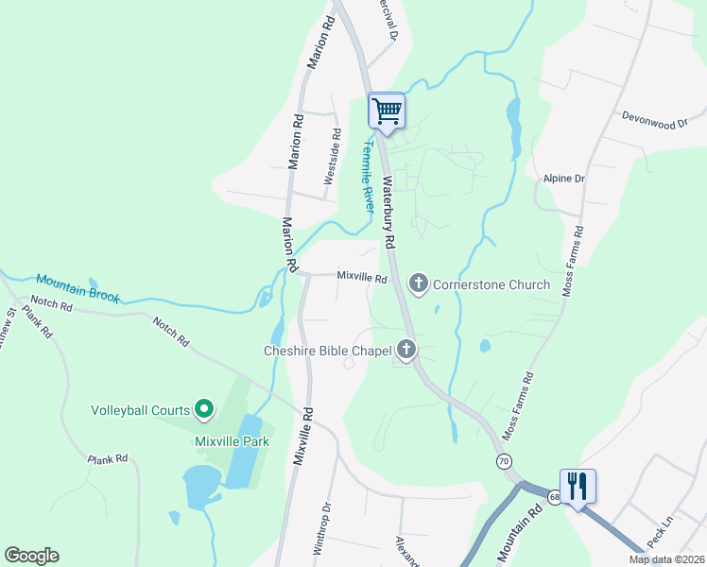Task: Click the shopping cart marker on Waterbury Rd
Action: click(x=387, y=112)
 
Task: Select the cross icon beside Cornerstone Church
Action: click(x=418, y=283)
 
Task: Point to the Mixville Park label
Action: click(x=232, y=441)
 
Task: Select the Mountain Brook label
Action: click(x=78, y=288)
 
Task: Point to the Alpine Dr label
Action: click(x=565, y=178)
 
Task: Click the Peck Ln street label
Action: click(x=659, y=535)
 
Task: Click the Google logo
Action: click(x=31, y=556)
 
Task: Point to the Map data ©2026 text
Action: click(x=665, y=559)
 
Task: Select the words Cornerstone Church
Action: click(x=491, y=284)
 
